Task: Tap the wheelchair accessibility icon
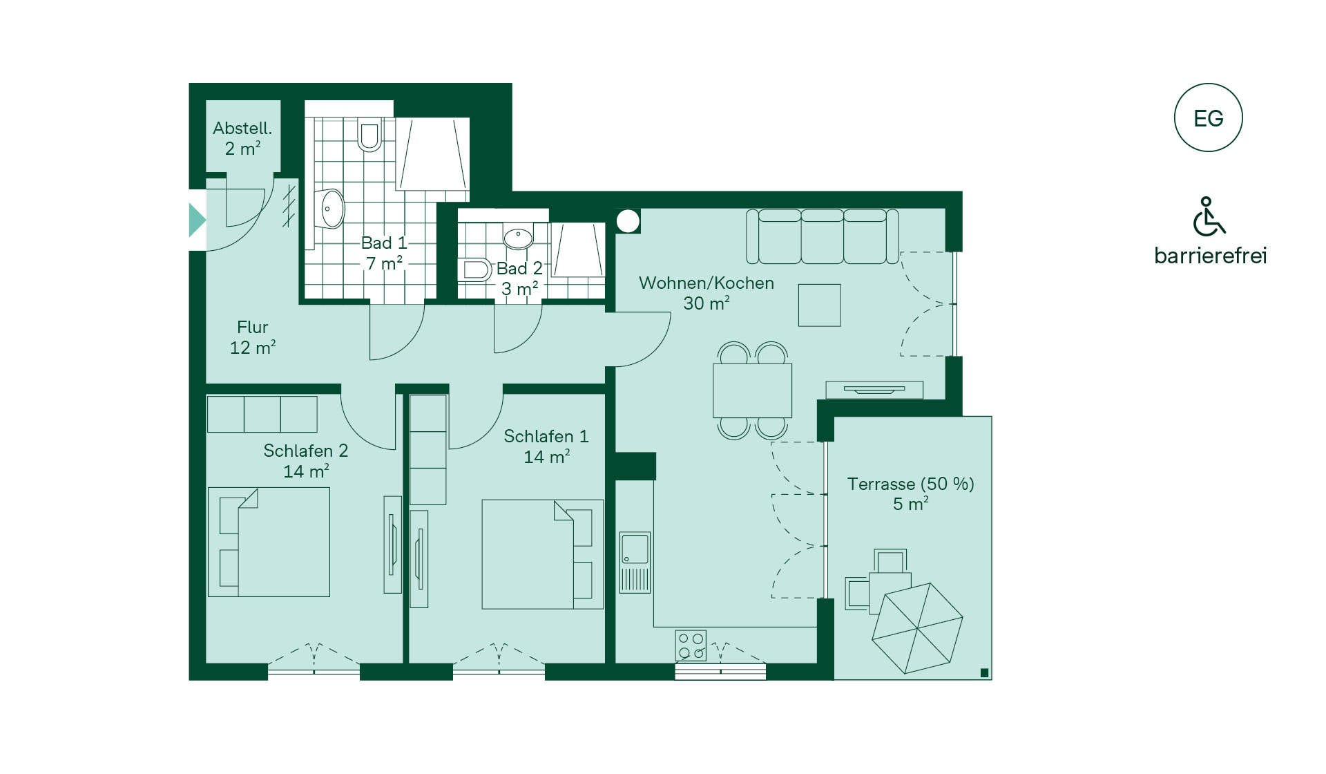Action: [1209, 216]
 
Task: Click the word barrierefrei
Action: [1211, 256]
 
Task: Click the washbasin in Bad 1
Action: [332, 208]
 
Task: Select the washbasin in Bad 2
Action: [518, 238]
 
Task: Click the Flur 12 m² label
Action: [253, 337]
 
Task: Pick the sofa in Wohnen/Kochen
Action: [823, 236]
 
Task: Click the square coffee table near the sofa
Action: [820, 305]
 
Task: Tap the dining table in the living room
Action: [753, 390]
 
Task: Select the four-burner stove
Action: [691, 645]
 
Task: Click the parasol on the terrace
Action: [917, 628]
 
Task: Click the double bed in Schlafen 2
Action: [269, 542]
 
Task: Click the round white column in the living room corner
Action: [628, 221]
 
